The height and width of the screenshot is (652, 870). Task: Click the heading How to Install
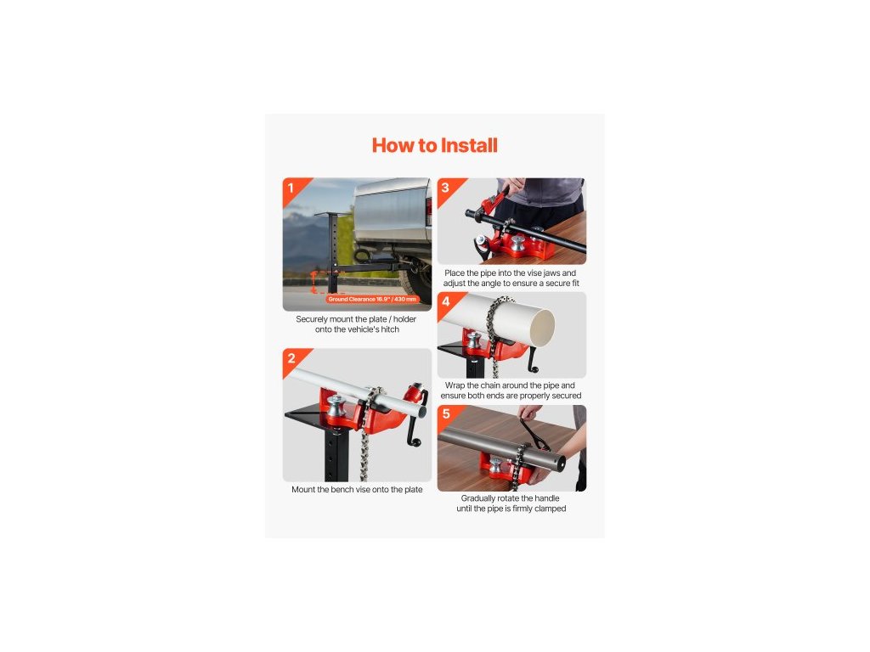[434, 145]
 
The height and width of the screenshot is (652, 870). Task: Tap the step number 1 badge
[291, 188]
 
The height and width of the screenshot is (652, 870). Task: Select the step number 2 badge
[291, 358]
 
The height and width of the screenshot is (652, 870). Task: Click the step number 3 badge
[445, 188]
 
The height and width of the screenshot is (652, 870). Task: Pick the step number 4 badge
[445, 301]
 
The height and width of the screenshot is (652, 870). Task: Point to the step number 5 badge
[445, 414]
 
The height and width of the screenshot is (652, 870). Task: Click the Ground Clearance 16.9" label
[372, 300]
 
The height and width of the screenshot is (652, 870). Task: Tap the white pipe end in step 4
[541, 328]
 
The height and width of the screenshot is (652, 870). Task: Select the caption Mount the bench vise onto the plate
[357, 490]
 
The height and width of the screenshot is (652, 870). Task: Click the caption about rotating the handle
[511, 503]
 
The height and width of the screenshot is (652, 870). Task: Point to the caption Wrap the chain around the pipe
[511, 391]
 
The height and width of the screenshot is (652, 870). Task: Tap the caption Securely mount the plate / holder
[356, 324]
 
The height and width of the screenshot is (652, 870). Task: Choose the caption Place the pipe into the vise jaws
[511, 278]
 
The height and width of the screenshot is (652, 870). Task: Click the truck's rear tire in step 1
[418, 284]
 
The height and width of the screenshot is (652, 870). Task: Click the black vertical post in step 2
[336, 456]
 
